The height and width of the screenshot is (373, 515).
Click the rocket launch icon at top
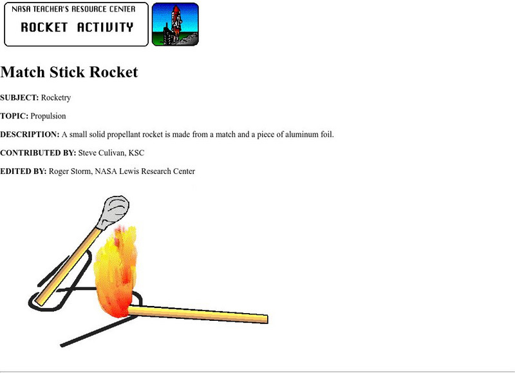175,24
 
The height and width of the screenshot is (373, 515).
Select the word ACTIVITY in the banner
105,28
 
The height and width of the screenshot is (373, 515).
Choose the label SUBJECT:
19,98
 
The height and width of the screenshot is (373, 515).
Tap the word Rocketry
56,98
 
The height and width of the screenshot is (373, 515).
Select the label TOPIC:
14,116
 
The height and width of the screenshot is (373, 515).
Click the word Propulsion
48,116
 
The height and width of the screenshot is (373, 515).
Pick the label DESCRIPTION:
30,135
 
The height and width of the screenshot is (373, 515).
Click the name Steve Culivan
101,153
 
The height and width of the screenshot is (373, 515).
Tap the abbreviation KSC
136,153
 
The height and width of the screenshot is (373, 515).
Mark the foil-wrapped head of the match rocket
114,211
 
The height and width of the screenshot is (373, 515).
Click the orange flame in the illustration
117,271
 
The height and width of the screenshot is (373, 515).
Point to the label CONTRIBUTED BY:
38,153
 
